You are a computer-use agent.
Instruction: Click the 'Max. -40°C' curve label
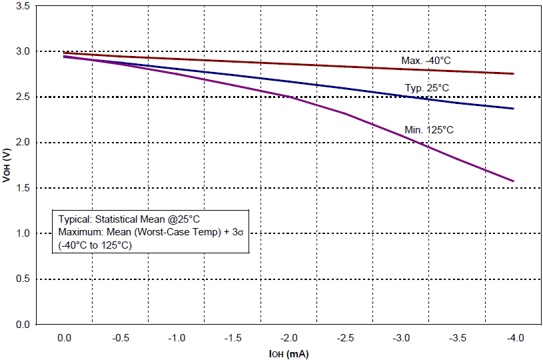pos(426,61)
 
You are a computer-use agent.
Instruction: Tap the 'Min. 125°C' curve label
pos(428,129)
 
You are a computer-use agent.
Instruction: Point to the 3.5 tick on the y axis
pos(22,6)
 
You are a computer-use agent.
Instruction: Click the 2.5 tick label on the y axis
pos(22,97)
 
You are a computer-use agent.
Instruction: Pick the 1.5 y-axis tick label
pos(22,188)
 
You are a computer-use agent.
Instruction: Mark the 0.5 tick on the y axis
pos(22,279)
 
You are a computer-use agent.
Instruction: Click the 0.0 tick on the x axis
pos(64,338)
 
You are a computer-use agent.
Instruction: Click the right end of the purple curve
pos(513,181)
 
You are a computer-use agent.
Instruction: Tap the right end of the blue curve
pos(513,109)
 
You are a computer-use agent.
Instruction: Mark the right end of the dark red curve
pos(513,74)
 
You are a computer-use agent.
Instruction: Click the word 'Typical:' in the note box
pos(75,219)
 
